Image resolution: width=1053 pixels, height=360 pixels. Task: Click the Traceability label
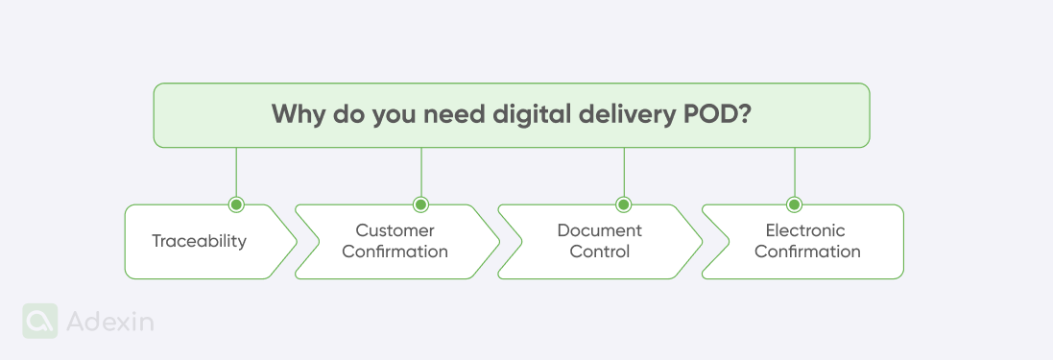[199, 241]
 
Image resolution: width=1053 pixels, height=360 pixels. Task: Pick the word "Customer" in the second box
[395, 230]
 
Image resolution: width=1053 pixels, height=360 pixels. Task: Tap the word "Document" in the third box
[599, 230]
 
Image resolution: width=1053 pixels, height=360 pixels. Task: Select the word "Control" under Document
[599, 252]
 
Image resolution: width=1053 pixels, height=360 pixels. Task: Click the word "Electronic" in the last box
[805, 230]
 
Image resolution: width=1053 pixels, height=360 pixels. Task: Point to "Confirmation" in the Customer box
[395, 252]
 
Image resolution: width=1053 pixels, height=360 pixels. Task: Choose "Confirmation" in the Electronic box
[806, 252]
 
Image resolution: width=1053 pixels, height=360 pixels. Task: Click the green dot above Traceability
[236, 204]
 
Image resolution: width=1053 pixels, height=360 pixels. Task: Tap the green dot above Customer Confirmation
[420, 204]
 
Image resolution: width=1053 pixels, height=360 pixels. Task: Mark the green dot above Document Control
[623, 204]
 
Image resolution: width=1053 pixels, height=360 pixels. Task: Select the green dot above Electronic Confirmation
[794, 204]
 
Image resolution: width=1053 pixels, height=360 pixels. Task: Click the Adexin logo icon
[40, 322]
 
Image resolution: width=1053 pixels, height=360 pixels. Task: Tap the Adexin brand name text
[110, 323]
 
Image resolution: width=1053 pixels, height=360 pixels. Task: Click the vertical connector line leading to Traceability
[236, 173]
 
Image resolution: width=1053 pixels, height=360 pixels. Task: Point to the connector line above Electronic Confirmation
[794, 173]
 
